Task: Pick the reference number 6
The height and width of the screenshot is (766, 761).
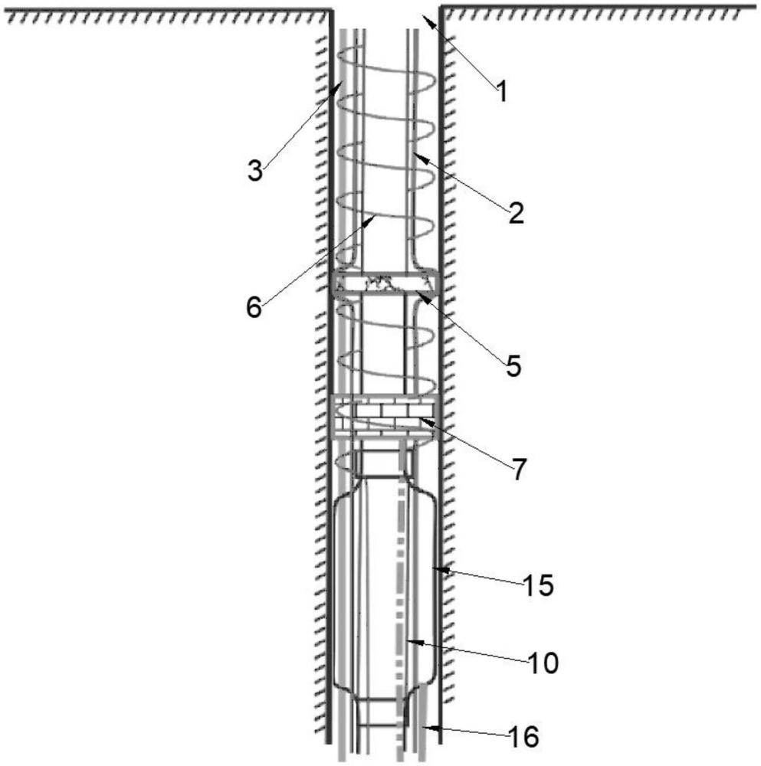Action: (x=254, y=308)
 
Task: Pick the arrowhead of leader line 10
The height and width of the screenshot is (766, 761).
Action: (x=407, y=640)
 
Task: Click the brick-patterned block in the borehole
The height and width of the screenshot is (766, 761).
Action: (x=382, y=412)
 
